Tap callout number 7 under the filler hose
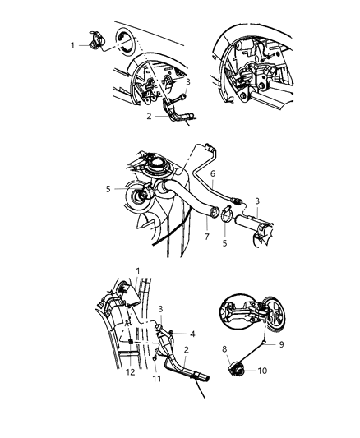(x=206, y=237)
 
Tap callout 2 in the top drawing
(x=149, y=116)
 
